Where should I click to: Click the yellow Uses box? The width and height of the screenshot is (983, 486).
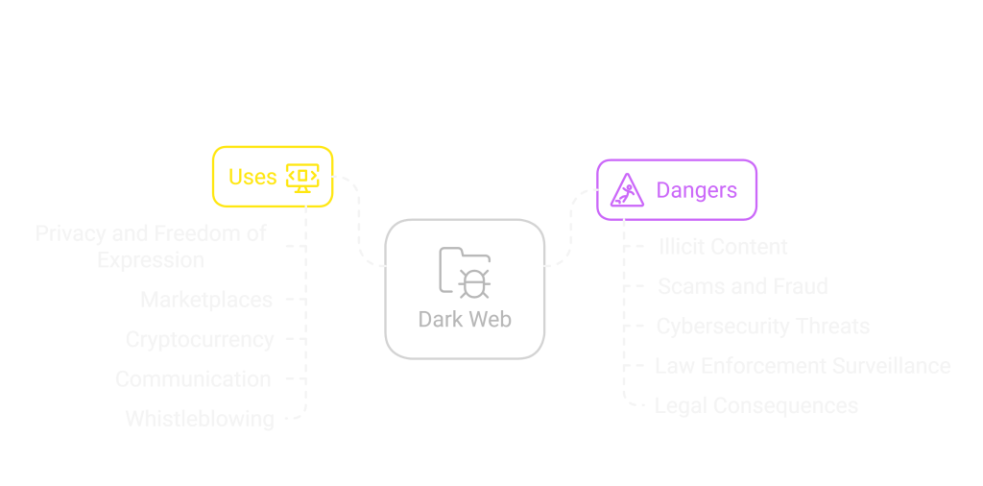(x=273, y=177)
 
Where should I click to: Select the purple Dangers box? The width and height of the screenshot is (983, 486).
(x=677, y=189)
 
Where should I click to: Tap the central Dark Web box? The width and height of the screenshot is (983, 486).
(x=465, y=289)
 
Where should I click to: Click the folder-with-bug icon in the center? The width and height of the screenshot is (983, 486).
(x=465, y=271)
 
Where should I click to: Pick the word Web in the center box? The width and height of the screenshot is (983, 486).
(x=491, y=319)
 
